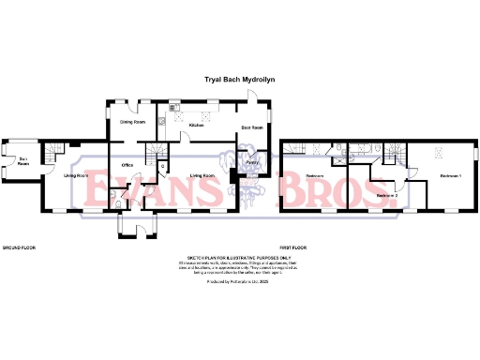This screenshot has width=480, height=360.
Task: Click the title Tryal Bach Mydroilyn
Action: (239, 82)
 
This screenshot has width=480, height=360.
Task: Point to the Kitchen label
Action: (197, 125)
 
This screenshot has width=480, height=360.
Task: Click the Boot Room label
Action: (251, 127)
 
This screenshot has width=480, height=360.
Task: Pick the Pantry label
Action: (252, 163)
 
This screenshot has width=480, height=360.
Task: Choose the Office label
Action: (127, 165)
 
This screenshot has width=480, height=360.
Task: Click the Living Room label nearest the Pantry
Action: (202, 175)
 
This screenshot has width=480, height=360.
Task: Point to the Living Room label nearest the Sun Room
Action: (76, 175)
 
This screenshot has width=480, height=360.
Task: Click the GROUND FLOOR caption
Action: (18, 247)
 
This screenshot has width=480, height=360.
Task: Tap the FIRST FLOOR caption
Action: (293, 247)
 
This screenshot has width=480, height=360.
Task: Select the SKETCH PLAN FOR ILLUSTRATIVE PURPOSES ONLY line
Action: (239, 255)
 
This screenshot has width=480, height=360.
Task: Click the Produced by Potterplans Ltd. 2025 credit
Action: (239, 281)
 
